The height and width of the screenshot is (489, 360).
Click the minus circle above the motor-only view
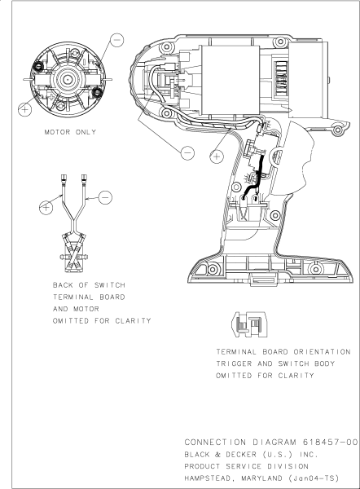(x=117, y=39)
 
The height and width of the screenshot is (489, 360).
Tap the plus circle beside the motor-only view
(x=26, y=107)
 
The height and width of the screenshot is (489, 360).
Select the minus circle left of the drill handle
(x=188, y=152)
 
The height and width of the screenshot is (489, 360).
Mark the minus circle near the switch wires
(x=104, y=196)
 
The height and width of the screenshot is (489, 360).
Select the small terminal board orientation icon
(x=245, y=324)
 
